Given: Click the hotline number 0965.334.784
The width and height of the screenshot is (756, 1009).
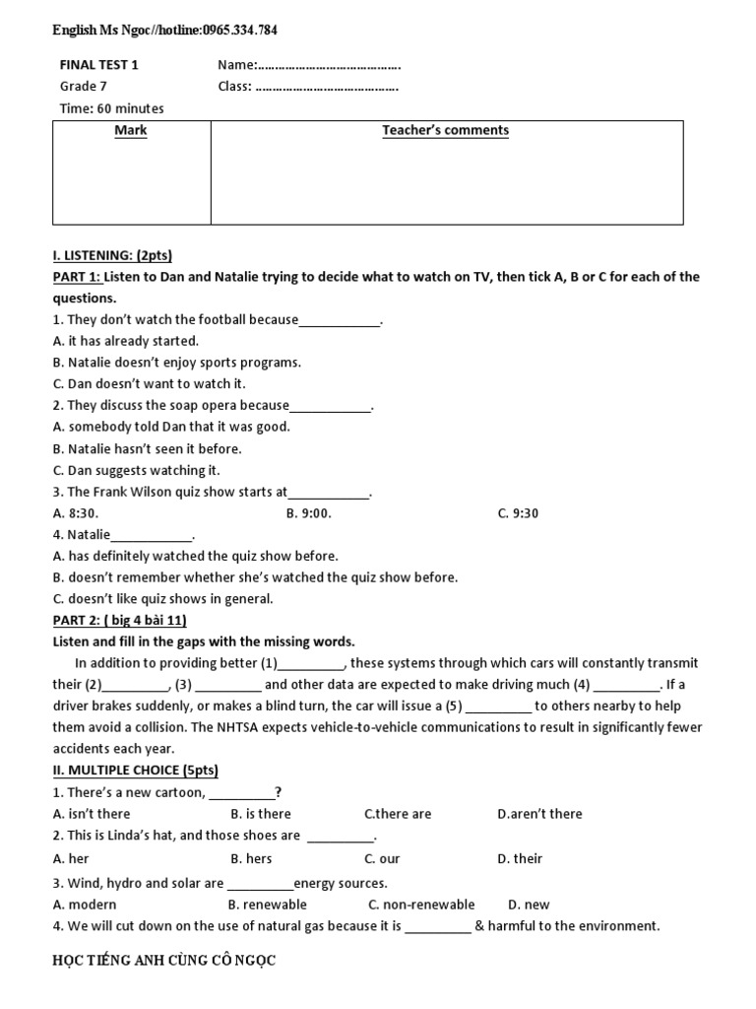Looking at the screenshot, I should point(240,31).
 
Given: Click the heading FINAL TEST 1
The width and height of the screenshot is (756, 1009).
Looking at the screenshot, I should point(99,65).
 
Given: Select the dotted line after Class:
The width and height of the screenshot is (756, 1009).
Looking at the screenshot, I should point(327,87).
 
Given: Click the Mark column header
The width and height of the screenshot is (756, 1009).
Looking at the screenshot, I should point(131,130).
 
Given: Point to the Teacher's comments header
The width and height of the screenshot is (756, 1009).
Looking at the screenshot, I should point(445,130).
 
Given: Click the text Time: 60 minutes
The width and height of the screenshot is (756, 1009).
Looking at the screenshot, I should point(111,108).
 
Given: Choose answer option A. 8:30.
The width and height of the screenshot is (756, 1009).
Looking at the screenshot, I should point(76,513).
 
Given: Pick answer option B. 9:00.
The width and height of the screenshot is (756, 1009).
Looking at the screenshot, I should point(309,513).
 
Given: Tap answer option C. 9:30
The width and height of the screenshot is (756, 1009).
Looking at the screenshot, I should point(518,513).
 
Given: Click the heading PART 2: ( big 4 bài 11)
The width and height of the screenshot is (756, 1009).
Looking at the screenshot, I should point(119,620).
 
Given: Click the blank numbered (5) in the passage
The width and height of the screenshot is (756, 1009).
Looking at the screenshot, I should point(498,706).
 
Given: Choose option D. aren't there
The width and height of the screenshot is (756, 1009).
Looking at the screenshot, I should point(539,814).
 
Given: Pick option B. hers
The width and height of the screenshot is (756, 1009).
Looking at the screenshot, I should point(251,858).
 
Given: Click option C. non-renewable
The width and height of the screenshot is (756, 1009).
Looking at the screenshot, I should point(421,905).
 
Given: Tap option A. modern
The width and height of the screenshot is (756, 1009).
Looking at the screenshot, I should point(85,905).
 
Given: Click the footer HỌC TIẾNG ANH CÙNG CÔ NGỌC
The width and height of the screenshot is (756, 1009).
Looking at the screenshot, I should point(164,961).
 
